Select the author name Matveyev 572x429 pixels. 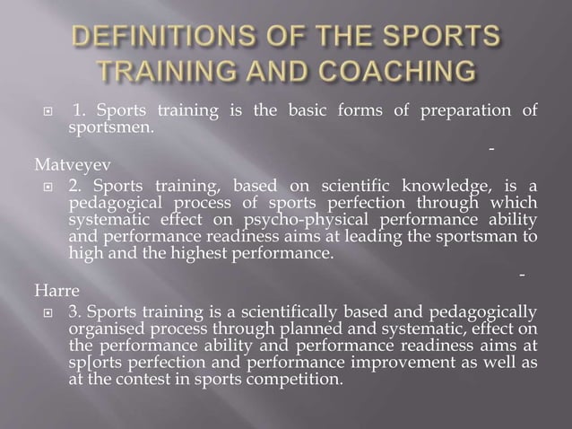point(32,165)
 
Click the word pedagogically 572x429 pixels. point(486,312)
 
